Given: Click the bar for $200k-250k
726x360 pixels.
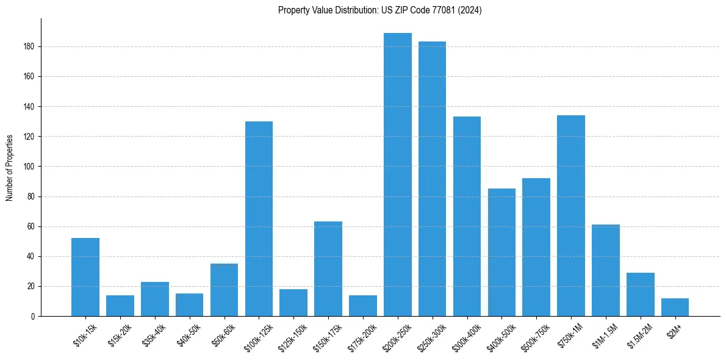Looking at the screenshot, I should [398, 175].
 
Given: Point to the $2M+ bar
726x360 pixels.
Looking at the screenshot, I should [675, 307].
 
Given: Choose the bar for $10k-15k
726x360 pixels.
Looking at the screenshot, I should [85, 277].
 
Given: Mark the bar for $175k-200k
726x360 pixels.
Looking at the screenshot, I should [363, 306].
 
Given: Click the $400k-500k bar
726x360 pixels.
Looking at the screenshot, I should [501, 252].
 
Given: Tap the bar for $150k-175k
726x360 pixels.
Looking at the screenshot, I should [328, 268].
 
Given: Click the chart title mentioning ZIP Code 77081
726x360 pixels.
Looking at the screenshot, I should [379, 10].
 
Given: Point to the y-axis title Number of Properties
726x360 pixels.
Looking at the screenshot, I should [10, 167].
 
